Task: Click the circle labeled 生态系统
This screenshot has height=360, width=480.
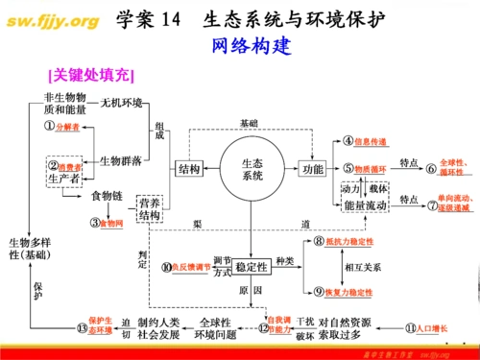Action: pyautogui.click(x=252, y=169)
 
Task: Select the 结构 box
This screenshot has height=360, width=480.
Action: pyautogui.click(x=188, y=169)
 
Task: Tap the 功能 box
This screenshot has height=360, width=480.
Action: pyautogui.click(x=313, y=169)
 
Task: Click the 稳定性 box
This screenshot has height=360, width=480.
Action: pyautogui.click(x=252, y=266)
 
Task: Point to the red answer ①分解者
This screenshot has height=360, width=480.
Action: pyautogui.click(x=67, y=127)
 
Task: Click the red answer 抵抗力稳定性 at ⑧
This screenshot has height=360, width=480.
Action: pyautogui.click(x=352, y=242)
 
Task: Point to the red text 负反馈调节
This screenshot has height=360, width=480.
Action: pyautogui.click(x=189, y=266)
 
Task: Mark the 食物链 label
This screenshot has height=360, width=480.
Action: pyautogui.click(x=108, y=196)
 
